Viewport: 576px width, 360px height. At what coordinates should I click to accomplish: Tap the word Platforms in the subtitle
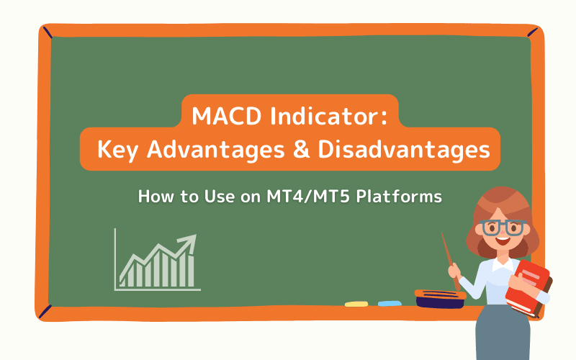(x=403, y=195)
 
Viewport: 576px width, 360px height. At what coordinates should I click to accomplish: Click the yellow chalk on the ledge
(x=356, y=304)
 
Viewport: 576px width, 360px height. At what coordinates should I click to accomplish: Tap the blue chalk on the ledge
(x=390, y=304)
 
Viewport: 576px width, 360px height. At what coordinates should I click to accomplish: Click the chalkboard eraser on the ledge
(x=439, y=297)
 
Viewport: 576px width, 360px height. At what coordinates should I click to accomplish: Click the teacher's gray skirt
(x=504, y=338)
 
